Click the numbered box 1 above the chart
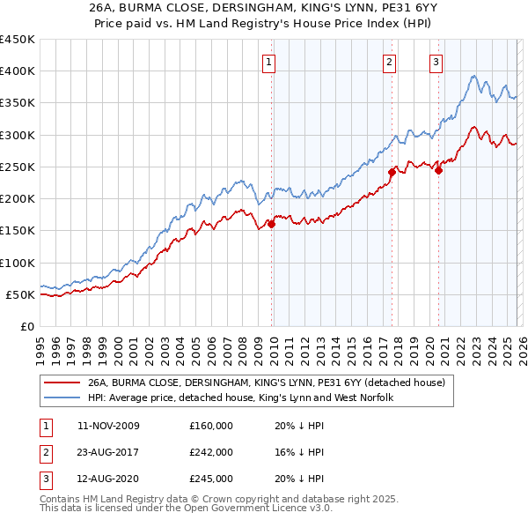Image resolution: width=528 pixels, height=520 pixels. click(268, 62)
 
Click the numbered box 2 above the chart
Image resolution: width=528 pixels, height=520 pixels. click(389, 62)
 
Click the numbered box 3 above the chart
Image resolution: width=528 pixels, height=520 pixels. click(436, 62)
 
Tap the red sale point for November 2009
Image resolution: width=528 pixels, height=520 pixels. click(271, 224)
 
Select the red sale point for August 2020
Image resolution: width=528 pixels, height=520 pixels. click(438, 171)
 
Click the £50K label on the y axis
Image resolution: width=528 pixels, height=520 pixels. click(20, 294)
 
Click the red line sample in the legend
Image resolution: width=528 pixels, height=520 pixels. click(62, 383)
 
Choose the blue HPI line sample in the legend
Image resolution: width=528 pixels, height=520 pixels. click(62, 398)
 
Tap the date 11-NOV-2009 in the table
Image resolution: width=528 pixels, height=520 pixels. click(108, 426)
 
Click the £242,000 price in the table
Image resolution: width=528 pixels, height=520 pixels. click(211, 452)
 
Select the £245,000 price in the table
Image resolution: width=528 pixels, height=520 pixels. click(211, 479)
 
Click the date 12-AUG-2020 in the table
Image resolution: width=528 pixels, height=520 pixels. click(108, 479)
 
